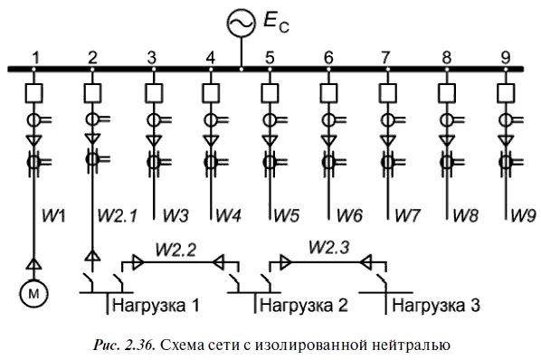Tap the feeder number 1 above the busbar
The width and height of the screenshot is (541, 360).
tap(35, 57)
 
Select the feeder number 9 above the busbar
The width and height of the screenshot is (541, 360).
tap(505, 57)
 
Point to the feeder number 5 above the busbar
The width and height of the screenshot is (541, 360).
tap(270, 57)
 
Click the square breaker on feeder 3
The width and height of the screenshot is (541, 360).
tap(152, 92)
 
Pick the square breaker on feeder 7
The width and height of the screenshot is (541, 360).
tap(387, 92)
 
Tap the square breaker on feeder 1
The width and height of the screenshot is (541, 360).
tap(34, 92)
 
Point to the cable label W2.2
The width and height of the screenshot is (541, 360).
tap(176, 246)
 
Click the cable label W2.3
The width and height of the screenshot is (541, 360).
tap(328, 246)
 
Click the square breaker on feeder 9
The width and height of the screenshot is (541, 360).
tap(505, 92)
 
